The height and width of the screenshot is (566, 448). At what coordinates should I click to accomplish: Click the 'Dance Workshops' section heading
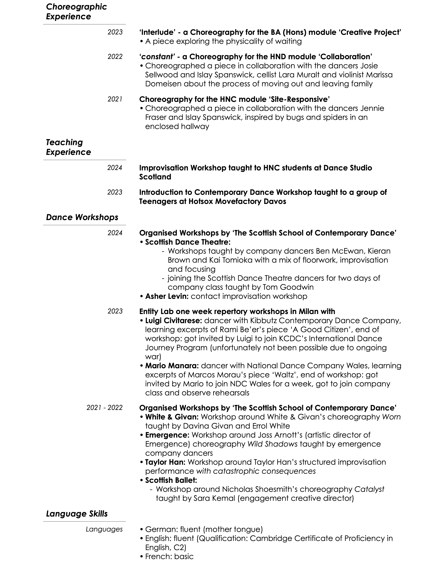(82, 217)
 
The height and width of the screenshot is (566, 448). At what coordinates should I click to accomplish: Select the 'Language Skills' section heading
(77, 514)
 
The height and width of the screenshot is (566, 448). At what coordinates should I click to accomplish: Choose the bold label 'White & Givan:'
(172, 417)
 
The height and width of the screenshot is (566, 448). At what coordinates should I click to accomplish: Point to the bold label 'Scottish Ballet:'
(171, 480)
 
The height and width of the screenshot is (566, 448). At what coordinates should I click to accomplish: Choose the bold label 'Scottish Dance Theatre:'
(188, 242)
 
